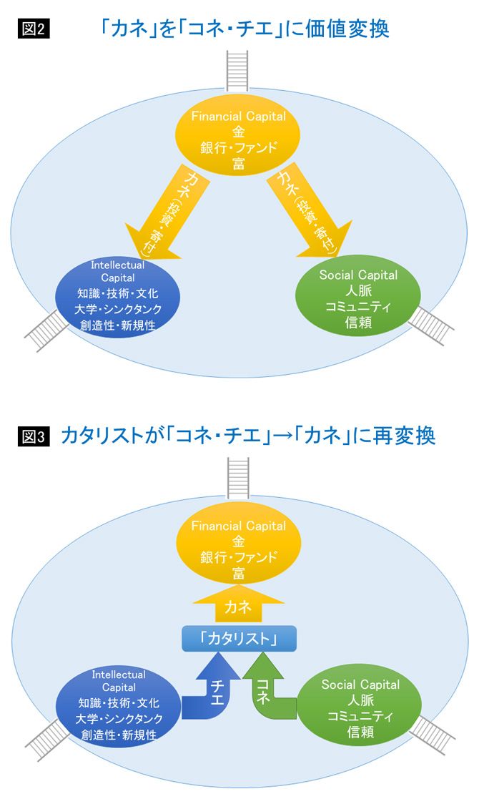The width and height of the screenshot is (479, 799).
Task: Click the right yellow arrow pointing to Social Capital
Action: pos(312,215)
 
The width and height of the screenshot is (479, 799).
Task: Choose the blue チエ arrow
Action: pos(212,691)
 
